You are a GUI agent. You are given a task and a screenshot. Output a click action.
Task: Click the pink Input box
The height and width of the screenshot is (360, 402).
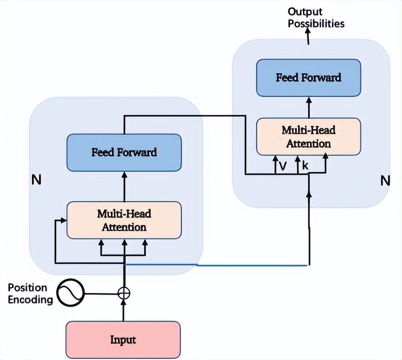click(123, 340)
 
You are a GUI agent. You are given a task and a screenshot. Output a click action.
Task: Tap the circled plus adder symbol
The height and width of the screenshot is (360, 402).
click(123, 293)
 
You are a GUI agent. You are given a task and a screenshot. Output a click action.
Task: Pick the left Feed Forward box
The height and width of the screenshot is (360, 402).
click(123, 152)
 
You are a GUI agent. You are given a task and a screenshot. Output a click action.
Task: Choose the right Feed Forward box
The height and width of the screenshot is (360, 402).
click(308, 77)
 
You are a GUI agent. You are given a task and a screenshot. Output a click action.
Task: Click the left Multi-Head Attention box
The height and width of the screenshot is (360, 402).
click(123, 220)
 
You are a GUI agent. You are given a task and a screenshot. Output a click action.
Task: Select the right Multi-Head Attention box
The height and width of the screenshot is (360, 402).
click(308, 136)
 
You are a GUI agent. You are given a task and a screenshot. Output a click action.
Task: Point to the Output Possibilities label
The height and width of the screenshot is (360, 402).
click(316, 17)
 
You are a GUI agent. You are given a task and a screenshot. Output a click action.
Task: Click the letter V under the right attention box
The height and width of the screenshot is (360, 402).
click(282, 166)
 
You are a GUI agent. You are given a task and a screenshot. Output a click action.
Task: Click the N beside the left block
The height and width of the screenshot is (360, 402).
click(36, 180)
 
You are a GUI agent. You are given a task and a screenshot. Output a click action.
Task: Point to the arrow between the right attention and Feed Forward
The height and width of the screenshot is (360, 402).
click(308, 107)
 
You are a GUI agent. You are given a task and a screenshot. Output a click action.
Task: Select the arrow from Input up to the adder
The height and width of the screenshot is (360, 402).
click(123, 310)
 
